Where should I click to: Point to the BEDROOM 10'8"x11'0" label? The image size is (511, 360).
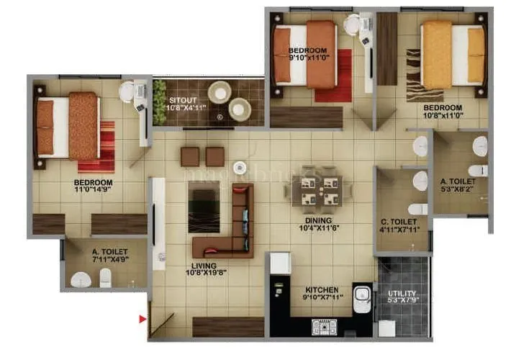[x=442, y=112]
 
